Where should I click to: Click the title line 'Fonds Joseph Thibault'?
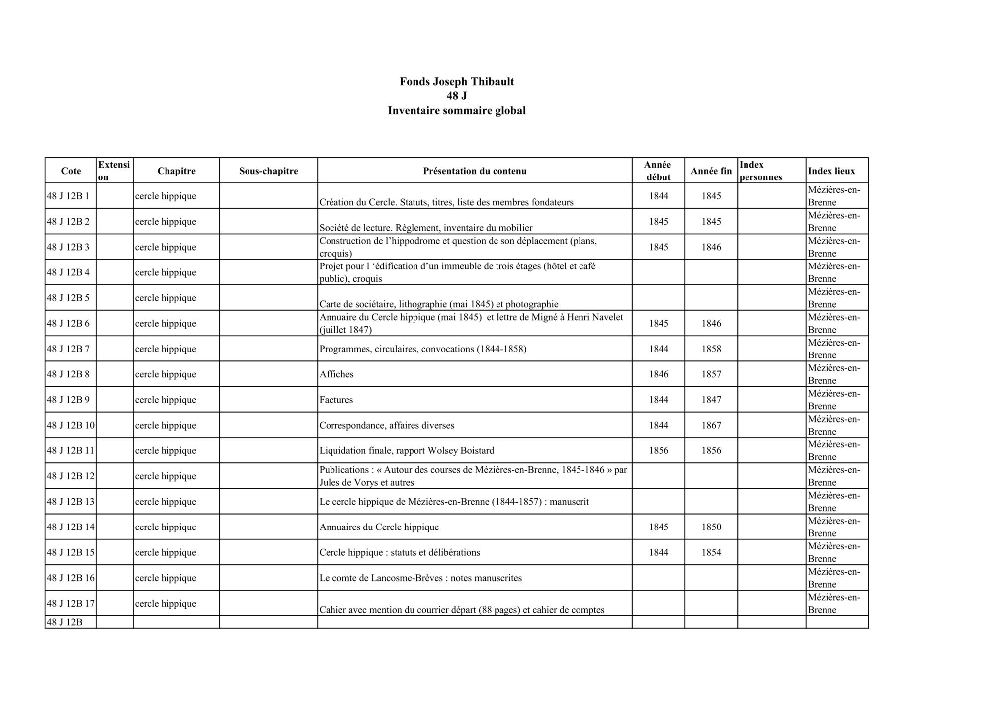pyautogui.click(x=456, y=82)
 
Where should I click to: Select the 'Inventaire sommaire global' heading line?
pyautogui.click(x=456, y=111)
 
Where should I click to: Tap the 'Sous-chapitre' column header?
pyautogui.click(x=268, y=171)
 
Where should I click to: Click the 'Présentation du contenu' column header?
pyautogui.click(x=475, y=171)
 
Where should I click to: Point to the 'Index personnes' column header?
pyautogui.click(x=760, y=171)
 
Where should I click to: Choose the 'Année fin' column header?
pyautogui.click(x=711, y=171)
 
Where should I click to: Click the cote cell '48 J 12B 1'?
pyautogui.click(x=68, y=196)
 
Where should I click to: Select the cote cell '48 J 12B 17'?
pyautogui.click(x=70, y=603)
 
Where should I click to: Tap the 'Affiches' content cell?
pyautogui.click(x=336, y=374)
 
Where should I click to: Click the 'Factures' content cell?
pyautogui.click(x=336, y=400)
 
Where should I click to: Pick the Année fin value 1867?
pyautogui.click(x=711, y=425)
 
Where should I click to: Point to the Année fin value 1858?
pyautogui.click(x=711, y=349)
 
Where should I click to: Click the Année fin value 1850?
pyautogui.click(x=711, y=527)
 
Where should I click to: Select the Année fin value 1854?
pyautogui.click(x=711, y=552)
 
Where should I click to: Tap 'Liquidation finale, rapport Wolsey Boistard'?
pyautogui.click(x=407, y=451)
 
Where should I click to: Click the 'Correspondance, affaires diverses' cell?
pyautogui.click(x=387, y=425)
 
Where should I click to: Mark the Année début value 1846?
pyautogui.click(x=659, y=374)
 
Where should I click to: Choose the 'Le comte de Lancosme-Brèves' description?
pyautogui.click(x=420, y=578)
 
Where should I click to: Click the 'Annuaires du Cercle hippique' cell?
pyautogui.click(x=379, y=527)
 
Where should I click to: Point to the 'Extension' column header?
pyautogui.click(x=114, y=171)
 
